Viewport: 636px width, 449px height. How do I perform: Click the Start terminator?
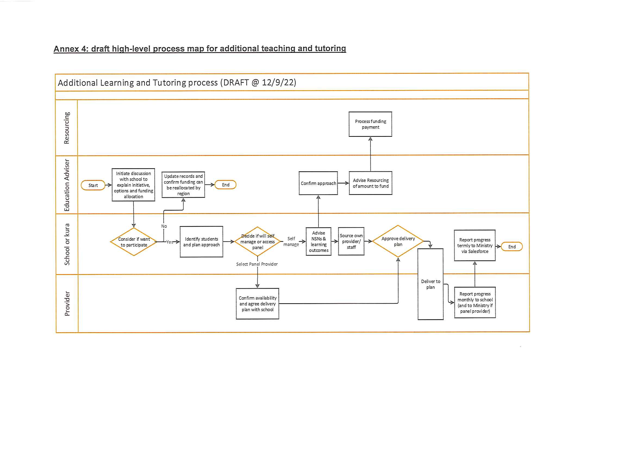pos(93,185)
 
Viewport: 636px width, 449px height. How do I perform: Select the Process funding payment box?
pos(370,124)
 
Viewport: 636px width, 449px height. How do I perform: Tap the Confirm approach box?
pos(318,183)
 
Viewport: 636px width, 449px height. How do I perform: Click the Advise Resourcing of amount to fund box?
pos(371,183)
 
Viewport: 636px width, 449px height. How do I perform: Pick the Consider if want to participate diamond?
pos(134,242)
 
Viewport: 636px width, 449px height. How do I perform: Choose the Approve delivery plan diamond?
pos(398,241)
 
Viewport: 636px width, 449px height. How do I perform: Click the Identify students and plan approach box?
pos(201,242)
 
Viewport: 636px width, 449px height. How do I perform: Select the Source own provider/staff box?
pos(351,241)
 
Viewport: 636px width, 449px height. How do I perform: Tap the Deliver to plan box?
pos(431,284)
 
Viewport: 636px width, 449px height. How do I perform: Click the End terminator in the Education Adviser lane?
pos(226,185)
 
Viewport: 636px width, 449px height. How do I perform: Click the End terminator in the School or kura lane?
pos(512,247)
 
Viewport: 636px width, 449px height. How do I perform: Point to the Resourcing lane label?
pos(67,128)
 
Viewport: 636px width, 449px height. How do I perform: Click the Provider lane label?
pos(67,303)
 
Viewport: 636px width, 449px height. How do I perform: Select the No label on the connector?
pos(164,226)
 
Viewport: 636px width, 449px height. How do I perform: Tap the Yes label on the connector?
pos(170,242)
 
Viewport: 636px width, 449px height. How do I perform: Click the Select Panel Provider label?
pos(257,264)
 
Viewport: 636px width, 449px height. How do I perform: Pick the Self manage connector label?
pos(291,242)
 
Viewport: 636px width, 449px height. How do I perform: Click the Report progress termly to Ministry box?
pos(475,246)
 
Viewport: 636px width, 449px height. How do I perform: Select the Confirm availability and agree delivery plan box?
pos(258,304)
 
